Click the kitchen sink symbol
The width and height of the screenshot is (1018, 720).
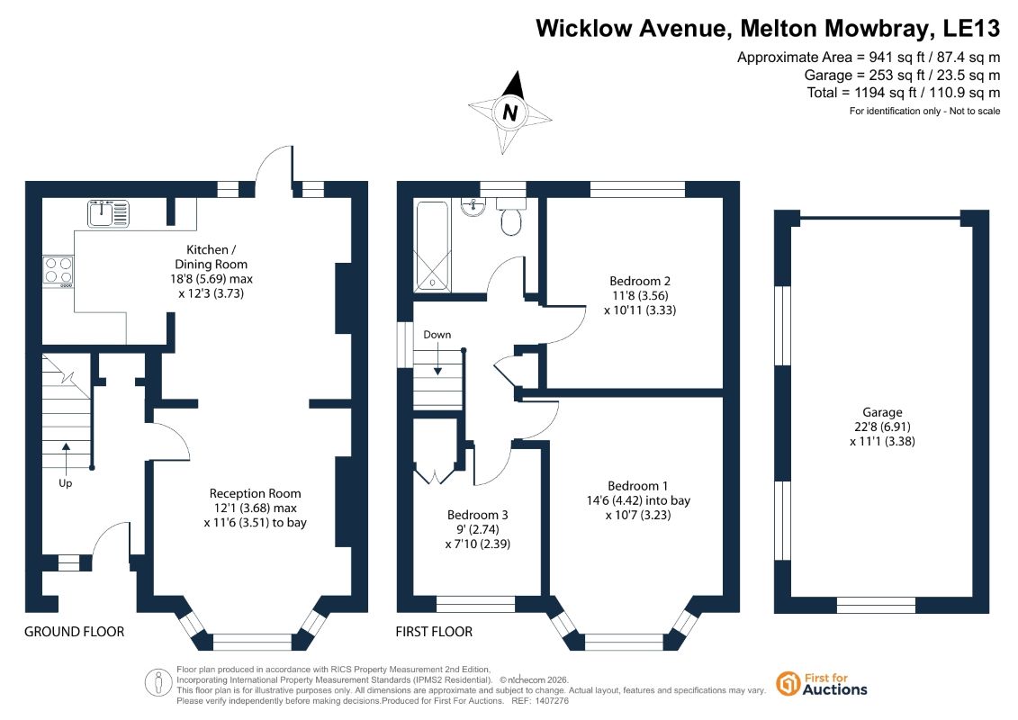tap(108, 213)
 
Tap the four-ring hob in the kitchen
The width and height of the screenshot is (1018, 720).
tap(59, 272)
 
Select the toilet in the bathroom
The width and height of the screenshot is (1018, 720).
tap(511, 216)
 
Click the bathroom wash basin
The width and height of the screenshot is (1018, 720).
tap(474, 206)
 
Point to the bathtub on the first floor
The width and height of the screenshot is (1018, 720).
tap(432, 246)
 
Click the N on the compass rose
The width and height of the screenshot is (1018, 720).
tap(510, 112)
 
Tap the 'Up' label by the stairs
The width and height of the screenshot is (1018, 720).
tap(66, 483)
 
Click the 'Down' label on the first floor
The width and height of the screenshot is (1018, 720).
tap(437, 335)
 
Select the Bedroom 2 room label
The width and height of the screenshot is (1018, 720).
tap(639, 281)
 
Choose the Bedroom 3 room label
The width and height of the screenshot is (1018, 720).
tap(478, 515)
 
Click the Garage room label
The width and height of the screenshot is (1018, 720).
tap(882, 412)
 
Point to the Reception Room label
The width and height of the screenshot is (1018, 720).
tap(255, 493)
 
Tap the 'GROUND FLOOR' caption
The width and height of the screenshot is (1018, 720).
tap(74, 632)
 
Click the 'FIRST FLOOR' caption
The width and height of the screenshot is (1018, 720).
tap(435, 632)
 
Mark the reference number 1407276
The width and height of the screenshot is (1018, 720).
tap(549, 701)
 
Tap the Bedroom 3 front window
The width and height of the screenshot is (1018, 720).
tap(475, 605)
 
